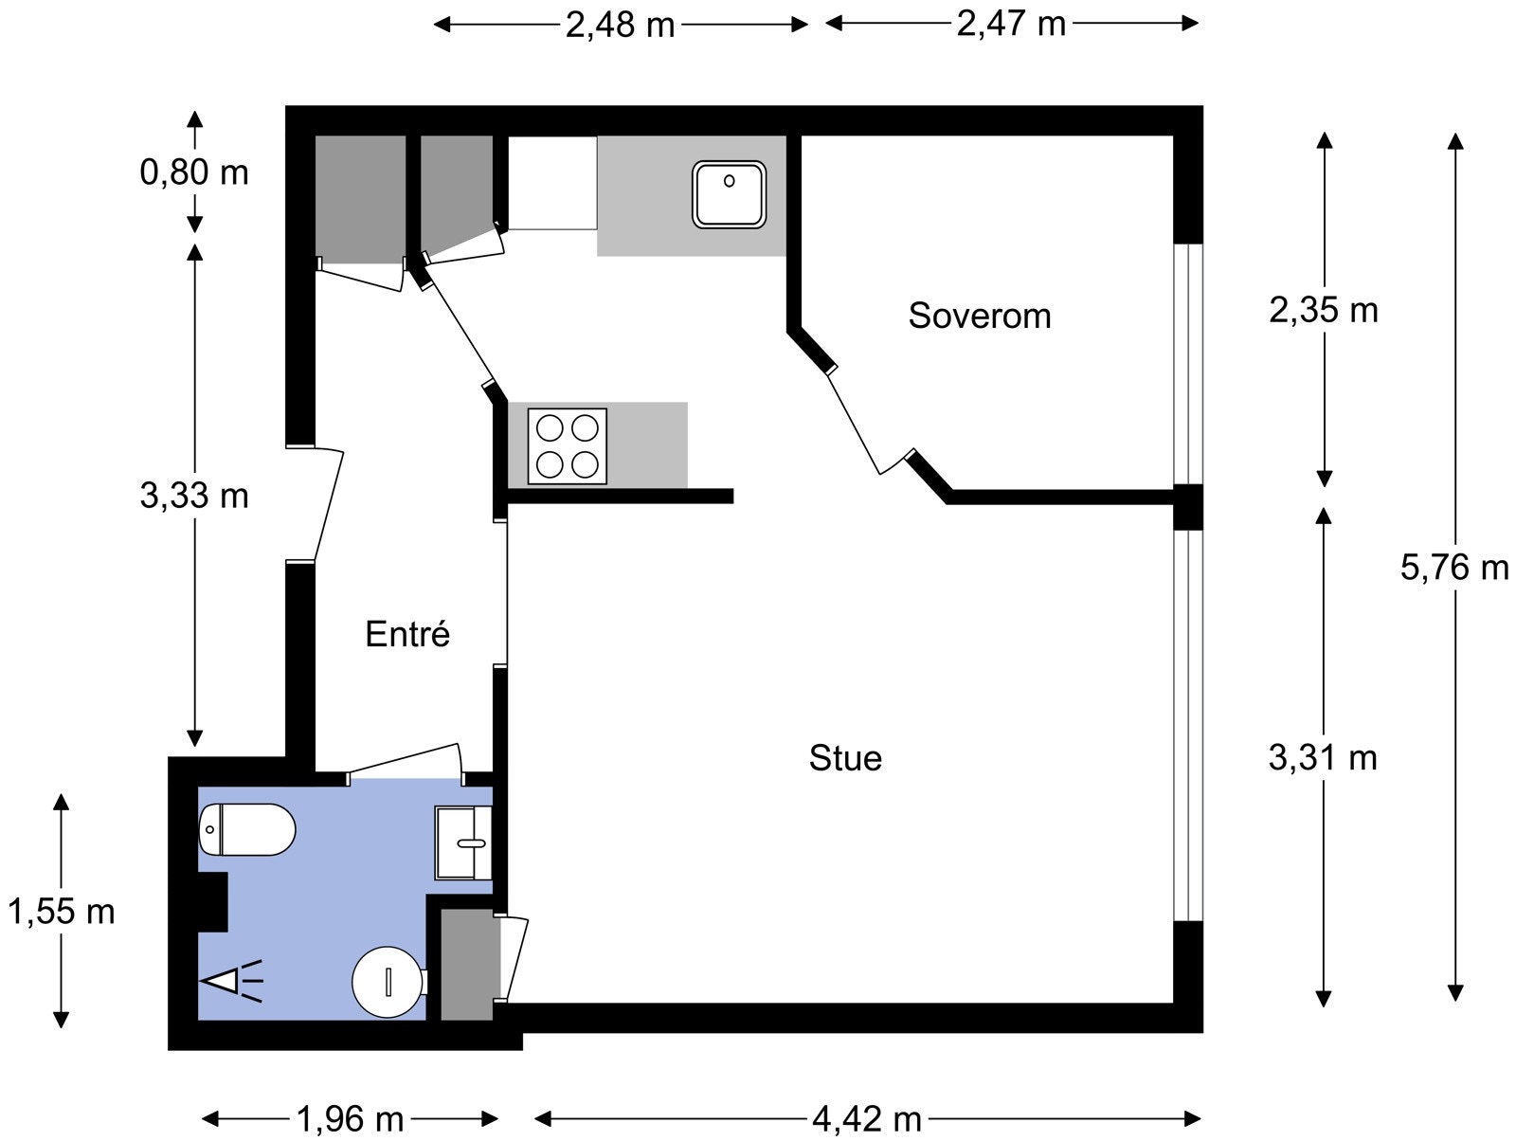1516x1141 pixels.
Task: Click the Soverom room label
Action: pos(980,316)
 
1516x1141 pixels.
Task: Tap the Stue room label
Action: pos(845,758)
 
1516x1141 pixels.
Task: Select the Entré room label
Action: pos(407,634)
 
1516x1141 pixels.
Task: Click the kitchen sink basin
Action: pos(730,195)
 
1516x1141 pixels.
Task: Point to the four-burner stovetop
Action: pos(567,446)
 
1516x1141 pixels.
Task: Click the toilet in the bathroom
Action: pos(247,829)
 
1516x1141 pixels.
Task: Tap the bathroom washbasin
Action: pos(462,842)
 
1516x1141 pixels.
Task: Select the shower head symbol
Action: pos(231,981)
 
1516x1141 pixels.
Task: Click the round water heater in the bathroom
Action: pos(388,982)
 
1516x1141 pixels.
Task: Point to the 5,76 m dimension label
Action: pos(1454,568)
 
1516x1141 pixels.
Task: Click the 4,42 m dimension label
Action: pos(867,1119)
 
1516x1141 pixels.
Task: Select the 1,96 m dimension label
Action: pos(350,1119)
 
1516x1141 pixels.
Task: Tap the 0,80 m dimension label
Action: pos(194,172)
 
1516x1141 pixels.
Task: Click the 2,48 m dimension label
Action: pos(621,26)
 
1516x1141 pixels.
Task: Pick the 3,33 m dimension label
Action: pos(194,496)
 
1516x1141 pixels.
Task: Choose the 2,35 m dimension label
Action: pos(1324,311)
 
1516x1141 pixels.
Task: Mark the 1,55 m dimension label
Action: pos(61,912)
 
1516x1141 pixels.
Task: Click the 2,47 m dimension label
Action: pos(1011,25)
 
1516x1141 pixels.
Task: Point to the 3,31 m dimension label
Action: pos(1323,758)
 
